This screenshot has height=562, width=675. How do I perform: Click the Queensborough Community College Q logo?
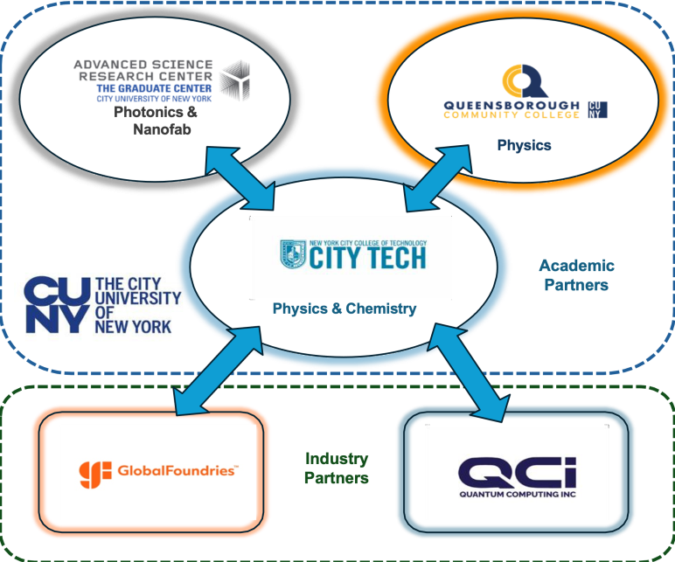click(x=525, y=82)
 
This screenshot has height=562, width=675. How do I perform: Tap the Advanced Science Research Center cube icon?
click(x=235, y=80)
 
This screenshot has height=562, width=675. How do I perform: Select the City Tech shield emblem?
click(x=293, y=253)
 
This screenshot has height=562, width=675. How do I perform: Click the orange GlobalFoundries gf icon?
click(x=95, y=475)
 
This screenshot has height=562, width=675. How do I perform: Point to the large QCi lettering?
click(x=517, y=473)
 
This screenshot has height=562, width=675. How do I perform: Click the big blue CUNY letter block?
click(x=57, y=305)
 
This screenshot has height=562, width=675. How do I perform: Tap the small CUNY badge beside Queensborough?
click(x=598, y=110)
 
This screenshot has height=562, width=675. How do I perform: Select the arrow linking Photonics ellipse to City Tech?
click(x=240, y=178)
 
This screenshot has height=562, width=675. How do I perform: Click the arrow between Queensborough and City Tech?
click(x=438, y=178)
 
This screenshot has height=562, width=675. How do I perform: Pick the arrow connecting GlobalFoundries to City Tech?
click(x=218, y=371)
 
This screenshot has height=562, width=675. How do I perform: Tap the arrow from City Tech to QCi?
click(x=470, y=372)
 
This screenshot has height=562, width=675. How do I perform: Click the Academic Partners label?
click(x=576, y=275)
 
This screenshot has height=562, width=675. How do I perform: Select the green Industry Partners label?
click(x=337, y=468)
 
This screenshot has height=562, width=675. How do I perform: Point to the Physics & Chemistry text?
click(x=344, y=309)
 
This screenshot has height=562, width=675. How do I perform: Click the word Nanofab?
click(x=162, y=129)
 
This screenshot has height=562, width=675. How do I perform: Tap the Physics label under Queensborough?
click(x=525, y=145)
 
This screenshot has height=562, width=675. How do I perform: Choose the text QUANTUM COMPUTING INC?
click(x=518, y=495)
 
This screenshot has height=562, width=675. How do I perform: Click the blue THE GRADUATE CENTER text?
click(x=154, y=88)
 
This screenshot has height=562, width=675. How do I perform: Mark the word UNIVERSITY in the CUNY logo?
click(x=138, y=298)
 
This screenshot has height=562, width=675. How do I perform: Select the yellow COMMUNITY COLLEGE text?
click(x=511, y=114)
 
